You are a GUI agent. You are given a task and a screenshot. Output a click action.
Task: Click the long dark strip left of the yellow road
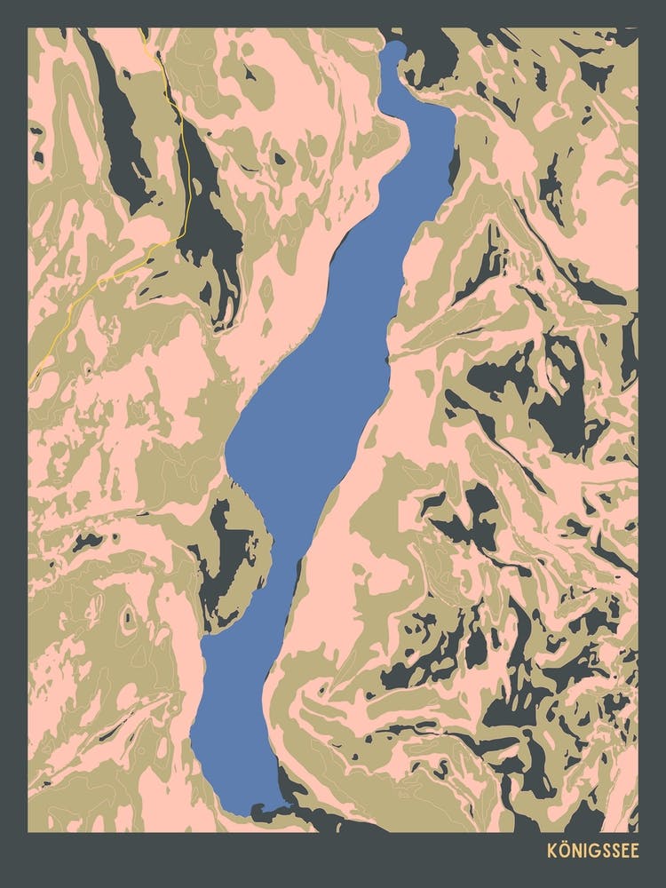[120, 133]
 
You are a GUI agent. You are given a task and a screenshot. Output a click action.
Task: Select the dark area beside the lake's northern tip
[435, 62]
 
